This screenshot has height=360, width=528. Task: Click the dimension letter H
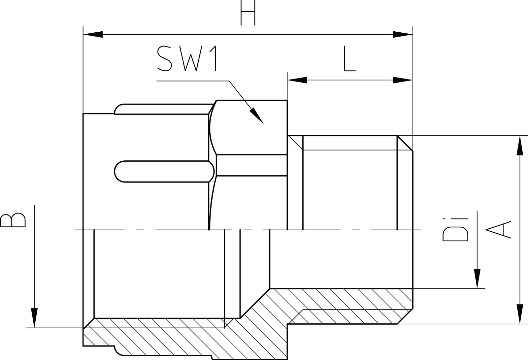[x=248, y=13]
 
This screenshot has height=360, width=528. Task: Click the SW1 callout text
[x=187, y=59]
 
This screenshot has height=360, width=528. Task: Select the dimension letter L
[x=349, y=59]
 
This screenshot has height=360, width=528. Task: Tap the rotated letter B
[x=13, y=220]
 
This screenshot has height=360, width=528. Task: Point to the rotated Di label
[x=455, y=230]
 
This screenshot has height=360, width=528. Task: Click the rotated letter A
[x=498, y=229]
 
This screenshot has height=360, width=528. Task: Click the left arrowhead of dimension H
[x=93, y=34]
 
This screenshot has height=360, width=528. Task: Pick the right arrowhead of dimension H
[x=403, y=34]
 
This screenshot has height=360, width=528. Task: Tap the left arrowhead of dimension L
[x=297, y=80]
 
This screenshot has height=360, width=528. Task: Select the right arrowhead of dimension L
[x=403, y=80]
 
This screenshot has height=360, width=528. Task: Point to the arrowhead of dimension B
[x=34, y=318]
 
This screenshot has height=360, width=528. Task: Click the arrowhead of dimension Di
[x=477, y=279]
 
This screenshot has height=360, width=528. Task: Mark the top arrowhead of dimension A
[x=519, y=146]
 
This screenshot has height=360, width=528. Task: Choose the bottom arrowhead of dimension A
[x=519, y=314]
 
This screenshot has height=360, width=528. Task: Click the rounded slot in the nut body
[x=164, y=171]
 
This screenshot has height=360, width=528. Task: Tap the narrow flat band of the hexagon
[x=251, y=165]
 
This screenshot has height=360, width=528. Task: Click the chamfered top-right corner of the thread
[x=405, y=143]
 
